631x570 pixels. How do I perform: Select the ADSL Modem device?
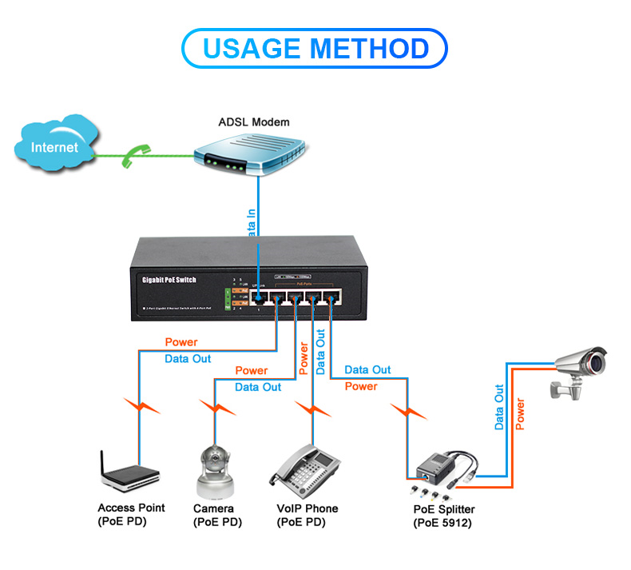point(251,155)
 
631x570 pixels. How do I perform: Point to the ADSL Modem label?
point(254,122)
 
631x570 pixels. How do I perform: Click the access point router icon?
point(124,475)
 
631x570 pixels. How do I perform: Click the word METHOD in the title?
point(371,48)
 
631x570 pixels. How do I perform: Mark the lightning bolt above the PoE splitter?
point(408,413)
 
